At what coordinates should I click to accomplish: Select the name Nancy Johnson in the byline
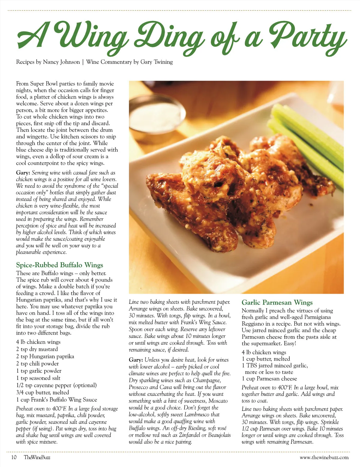point(61,62)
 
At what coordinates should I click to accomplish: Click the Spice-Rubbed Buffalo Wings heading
point(59,265)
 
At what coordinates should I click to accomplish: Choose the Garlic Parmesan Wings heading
point(277,302)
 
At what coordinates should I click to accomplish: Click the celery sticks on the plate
point(309,141)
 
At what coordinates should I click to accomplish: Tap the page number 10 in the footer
point(14,457)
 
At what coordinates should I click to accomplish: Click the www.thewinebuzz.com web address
point(324,457)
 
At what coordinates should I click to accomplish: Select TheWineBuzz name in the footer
point(37,457)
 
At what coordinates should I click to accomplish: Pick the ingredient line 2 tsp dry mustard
point(37,349)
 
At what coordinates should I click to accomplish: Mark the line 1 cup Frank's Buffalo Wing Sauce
point(56,400)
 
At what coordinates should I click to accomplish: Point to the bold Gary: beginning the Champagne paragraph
point(136,360)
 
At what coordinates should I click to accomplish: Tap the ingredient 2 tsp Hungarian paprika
point(45,356)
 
